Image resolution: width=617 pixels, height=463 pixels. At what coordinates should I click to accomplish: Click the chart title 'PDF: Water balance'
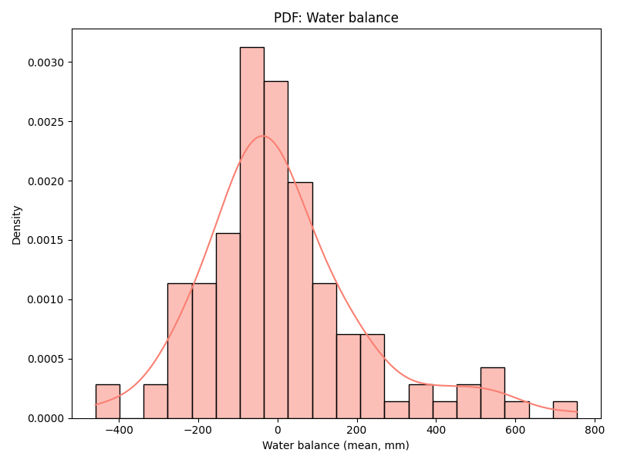(335, 18)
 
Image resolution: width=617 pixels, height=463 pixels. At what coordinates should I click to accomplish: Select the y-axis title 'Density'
(17, 225)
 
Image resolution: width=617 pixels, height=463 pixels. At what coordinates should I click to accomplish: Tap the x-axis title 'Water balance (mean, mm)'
(335, 445)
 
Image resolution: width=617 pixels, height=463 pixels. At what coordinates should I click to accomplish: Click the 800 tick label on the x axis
(594, 431)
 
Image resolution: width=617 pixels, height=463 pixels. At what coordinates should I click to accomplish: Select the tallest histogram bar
(251, 231)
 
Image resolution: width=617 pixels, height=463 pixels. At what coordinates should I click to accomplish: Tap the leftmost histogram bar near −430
(107, 401)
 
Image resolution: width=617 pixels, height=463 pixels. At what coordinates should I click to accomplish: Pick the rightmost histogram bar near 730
(565, 410)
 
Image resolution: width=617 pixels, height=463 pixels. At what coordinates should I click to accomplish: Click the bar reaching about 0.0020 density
(300, 301)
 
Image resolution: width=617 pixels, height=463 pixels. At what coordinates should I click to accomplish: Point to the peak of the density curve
(262, 137)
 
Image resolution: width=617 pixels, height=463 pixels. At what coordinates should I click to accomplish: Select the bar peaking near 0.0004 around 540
(492, 393)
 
